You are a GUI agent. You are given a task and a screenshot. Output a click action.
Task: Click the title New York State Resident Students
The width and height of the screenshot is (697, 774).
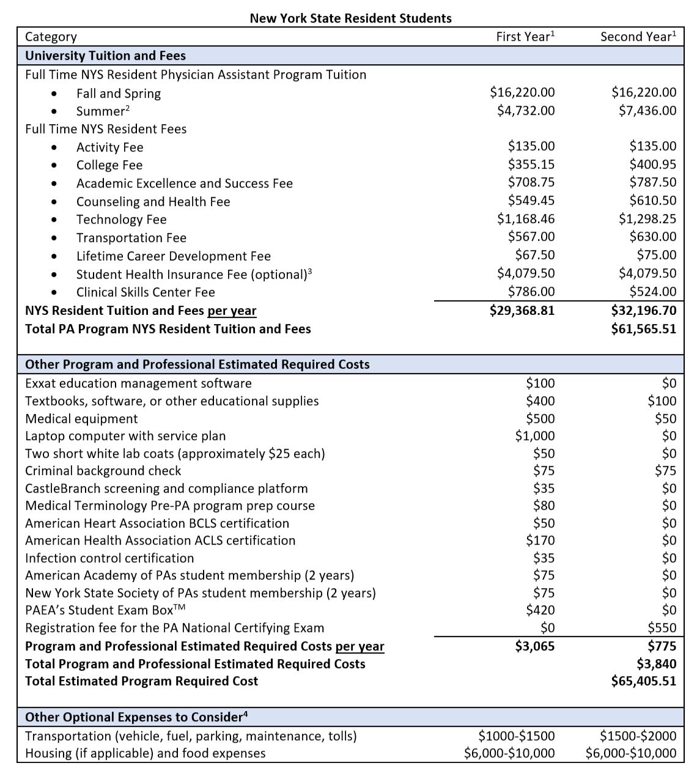click(x=350, y=18)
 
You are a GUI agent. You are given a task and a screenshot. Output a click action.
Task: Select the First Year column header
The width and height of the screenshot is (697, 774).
click(x=525, y=37)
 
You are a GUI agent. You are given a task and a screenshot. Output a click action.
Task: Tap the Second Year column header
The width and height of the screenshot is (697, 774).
click(x=638, y=37)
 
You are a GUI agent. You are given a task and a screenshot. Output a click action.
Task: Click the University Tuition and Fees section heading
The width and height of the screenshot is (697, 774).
click(x=105, y=56)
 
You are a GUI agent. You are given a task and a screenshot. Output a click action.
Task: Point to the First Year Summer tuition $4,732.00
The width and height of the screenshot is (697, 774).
click(x=525, y=111)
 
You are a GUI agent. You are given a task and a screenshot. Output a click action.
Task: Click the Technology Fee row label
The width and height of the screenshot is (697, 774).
click(x=121, y=219)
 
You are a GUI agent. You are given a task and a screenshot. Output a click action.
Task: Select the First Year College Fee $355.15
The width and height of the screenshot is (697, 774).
click(x=531, y=164)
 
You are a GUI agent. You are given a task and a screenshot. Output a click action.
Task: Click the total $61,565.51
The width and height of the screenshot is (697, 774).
click(x=643, y=329)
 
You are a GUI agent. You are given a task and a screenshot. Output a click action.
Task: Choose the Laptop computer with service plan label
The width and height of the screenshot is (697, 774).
click(x=125, y=436)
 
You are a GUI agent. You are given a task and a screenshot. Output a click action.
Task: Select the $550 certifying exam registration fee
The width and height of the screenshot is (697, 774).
click(x=662, y=628)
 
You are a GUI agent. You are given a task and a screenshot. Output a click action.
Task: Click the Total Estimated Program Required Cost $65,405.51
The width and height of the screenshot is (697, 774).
click(x=643, y=681)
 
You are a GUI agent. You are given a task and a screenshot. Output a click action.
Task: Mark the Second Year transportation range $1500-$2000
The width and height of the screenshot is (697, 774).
click(x=638, y=735)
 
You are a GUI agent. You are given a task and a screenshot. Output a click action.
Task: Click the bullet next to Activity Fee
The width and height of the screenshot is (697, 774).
click(x=56, y=148)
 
